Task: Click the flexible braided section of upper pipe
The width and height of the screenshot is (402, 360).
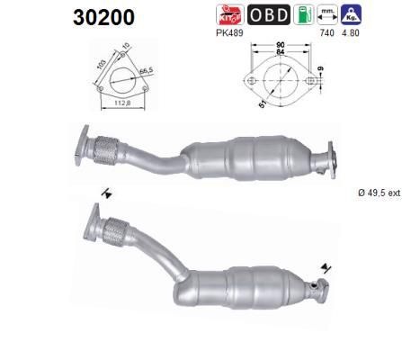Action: [x=109, y=150]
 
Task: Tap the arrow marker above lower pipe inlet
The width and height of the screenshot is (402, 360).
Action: [x=108, y=192]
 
